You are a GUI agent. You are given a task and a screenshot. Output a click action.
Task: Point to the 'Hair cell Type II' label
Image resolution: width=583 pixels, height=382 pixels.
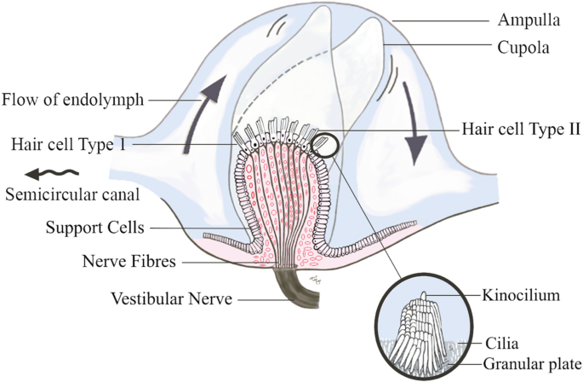point(520,130)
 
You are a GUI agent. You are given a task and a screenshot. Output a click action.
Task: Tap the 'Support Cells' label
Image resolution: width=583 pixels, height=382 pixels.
point(95,228)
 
